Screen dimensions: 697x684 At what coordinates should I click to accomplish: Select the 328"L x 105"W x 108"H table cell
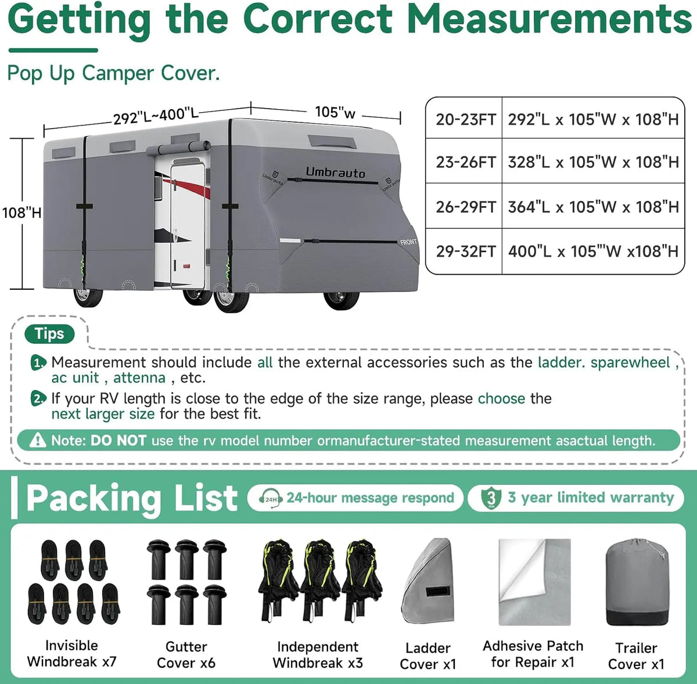[x=593, y=162]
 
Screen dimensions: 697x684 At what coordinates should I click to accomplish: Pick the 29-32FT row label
[x=465, y=251]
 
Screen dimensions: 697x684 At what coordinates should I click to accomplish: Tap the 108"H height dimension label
[x=21, y=213]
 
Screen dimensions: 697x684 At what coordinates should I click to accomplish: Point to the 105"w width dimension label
[x=335, y=112]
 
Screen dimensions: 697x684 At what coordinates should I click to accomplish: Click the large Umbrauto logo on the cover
[x=336, y=172]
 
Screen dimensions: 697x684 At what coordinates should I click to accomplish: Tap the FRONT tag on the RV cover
[x=408, y=242]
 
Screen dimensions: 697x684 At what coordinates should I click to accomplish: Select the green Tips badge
[x=49, y=333]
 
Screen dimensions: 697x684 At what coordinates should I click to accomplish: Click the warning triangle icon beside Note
[x=38, y=440]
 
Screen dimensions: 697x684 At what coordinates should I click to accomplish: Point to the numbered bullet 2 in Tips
[x=38, y=398]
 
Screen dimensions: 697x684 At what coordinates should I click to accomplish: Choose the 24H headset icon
[x=271, y=498]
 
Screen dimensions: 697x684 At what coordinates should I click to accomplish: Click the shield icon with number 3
[x=491, y=498]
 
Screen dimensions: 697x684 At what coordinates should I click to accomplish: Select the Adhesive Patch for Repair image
[x=534, y=582]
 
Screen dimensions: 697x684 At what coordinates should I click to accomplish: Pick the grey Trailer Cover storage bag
[x=637, y=582]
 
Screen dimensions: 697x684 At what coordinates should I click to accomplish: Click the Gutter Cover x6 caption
[x=186, y=655]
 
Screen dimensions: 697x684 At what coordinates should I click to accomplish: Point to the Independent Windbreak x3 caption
[x=318, y=655]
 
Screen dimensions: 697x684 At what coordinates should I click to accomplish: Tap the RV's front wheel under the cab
[x=342, y=298]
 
